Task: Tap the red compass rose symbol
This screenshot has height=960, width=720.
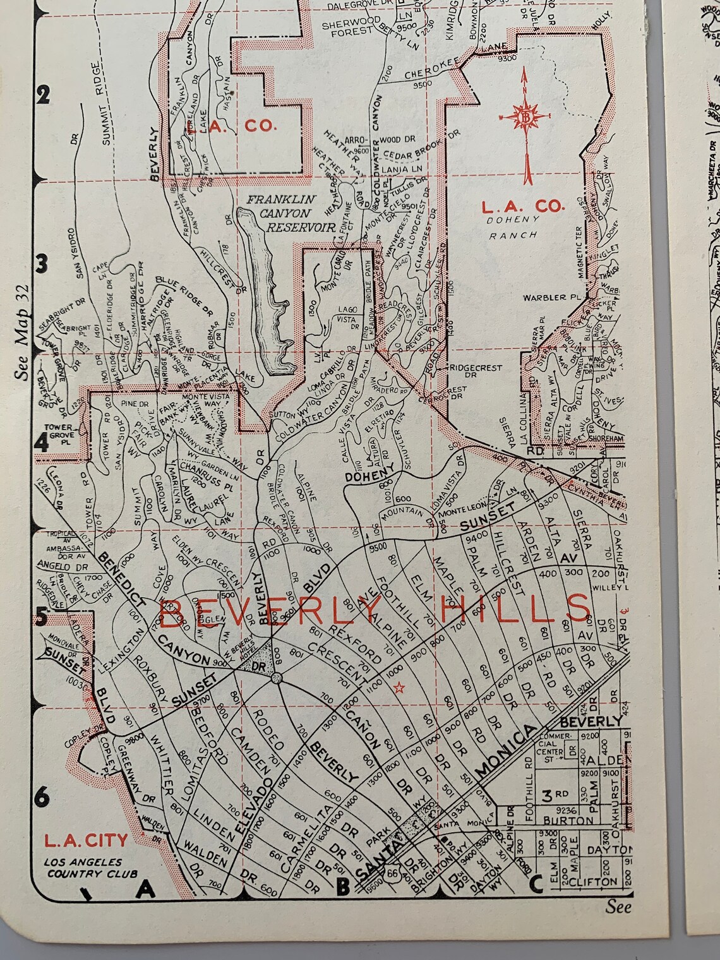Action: (524, 117)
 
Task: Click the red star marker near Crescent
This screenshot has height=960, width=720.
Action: (398, 688)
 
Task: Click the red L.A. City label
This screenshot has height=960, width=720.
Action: (85, 841)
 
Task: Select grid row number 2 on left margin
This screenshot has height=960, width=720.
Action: (43, 96)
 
